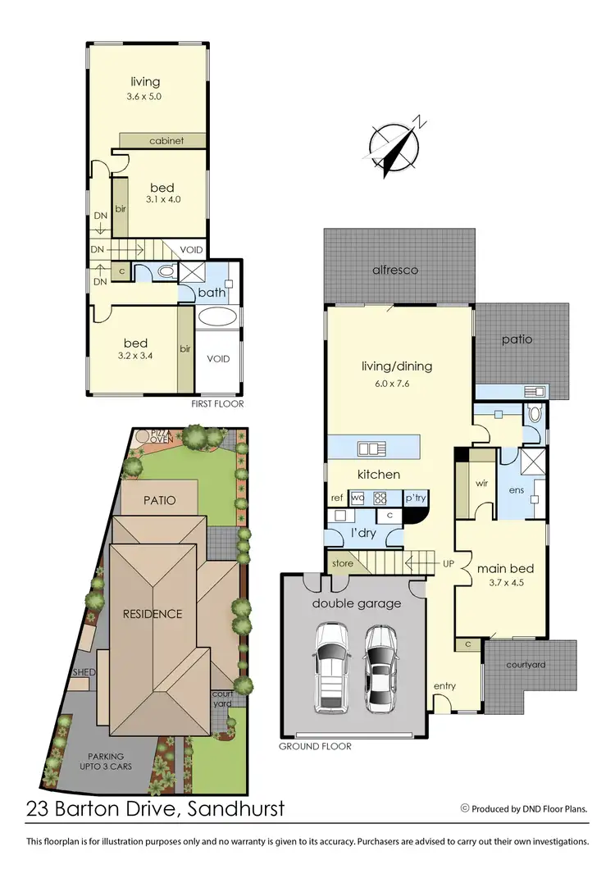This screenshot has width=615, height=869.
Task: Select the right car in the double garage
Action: point(380,668)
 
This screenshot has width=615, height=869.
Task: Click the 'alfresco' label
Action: point(395,270)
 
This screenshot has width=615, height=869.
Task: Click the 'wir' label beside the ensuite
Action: point(482,483)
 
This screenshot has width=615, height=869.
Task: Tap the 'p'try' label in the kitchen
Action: point(415,498)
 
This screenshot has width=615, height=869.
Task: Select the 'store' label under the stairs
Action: point(343,563)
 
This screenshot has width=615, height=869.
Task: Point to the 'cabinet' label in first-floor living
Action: point(166,141)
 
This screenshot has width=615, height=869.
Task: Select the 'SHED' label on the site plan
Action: point(84,672)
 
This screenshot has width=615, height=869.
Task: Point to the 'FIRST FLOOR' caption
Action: point(218,404)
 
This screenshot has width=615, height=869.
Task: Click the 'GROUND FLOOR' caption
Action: point(315,747)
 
